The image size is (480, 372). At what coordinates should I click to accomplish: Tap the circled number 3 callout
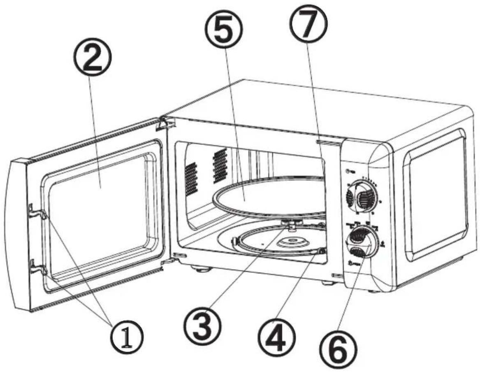click(202, 325)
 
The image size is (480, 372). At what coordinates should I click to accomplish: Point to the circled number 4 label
click(277, 337)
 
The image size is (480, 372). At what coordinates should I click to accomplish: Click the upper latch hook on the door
click(36, 212)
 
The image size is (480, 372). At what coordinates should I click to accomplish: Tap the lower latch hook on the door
click(37, 267)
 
